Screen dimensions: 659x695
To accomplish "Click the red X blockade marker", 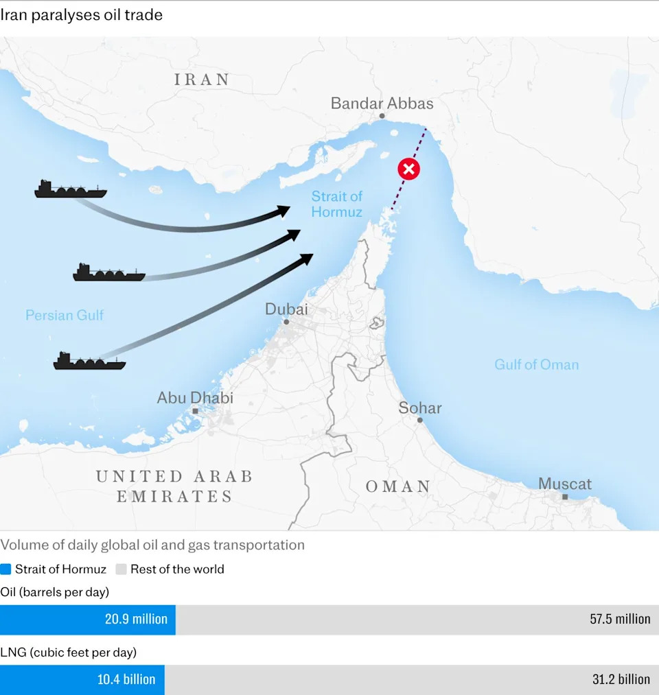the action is click(409, 169).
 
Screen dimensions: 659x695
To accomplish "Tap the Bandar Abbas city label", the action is click(382, 104).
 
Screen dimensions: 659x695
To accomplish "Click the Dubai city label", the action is click(286, 309).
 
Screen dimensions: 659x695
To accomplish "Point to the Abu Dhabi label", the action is click(195, 398).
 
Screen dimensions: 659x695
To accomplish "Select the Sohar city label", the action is click(420, 408).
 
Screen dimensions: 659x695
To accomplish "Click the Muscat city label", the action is click(564, 484).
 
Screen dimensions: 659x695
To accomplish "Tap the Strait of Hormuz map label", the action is click(336, 204).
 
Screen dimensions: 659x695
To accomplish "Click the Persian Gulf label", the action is click(65, 316).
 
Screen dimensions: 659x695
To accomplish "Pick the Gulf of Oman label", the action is click(536, 365).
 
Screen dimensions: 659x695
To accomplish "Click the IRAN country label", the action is click(202, 80).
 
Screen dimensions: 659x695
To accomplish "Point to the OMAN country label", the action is click(398, 487).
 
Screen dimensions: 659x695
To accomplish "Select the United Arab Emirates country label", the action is click(174, 486).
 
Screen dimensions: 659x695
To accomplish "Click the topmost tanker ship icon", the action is click(70, 189).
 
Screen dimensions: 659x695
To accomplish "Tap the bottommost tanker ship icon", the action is click(89, 362).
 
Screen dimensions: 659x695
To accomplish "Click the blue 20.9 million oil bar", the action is click(87, 620).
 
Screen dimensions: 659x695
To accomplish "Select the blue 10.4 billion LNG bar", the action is click(82, 680).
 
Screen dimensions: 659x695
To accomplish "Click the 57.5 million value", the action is click(619, 620).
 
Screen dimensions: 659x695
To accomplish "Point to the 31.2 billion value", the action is click(621, 680).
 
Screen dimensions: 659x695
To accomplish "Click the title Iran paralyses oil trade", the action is click(82, 14).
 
